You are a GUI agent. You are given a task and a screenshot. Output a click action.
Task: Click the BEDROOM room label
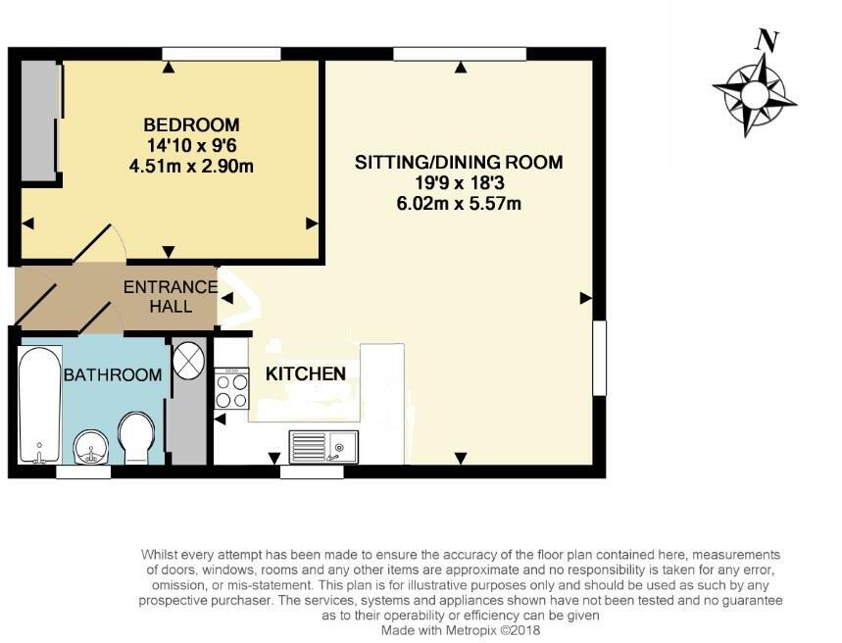[x=191, y=124]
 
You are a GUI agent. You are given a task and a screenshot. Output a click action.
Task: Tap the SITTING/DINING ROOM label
[x=459, y=163]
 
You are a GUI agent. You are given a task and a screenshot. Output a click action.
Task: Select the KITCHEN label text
[x=306, y=373]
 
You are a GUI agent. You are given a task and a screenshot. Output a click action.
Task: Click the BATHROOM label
[x=113, y=374]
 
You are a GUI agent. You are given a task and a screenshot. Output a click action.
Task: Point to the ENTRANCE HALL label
[x=170, y=296]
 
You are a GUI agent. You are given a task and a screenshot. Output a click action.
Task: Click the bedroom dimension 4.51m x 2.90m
[x=191, y=166]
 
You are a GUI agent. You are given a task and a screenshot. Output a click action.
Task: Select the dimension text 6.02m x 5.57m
[x=459, y=204]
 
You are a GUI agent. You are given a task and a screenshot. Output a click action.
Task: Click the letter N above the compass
[x=767, y=41]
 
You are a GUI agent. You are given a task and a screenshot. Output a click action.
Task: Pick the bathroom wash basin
[x=92, y=449]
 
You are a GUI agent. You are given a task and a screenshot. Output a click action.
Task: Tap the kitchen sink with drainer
[x=323, y=447]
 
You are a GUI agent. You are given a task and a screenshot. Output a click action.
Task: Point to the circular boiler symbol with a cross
[x=188, y=359]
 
